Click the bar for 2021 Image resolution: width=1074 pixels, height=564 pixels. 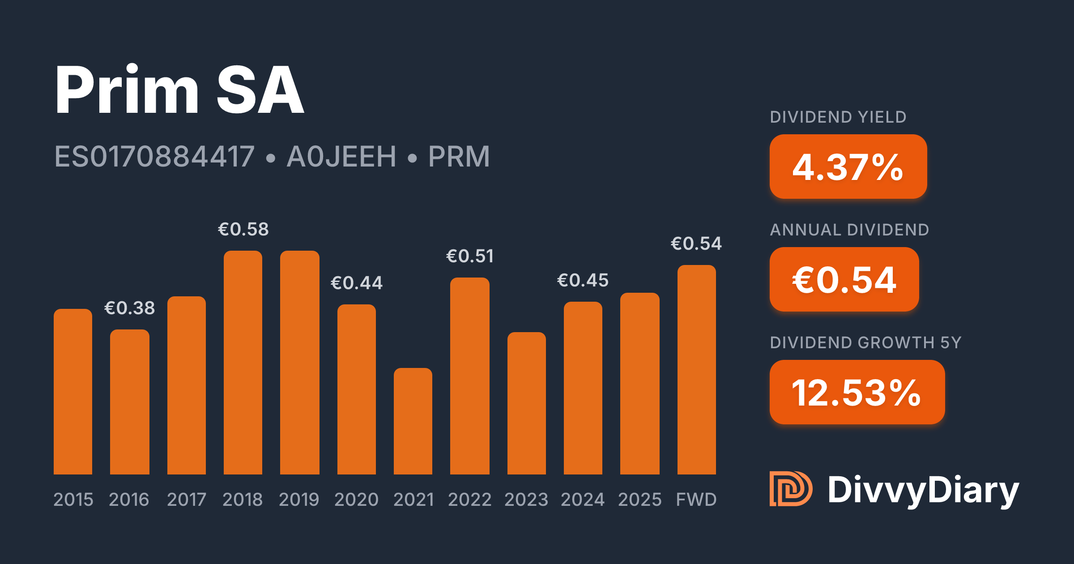click(413, 421)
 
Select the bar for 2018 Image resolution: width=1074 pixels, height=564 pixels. click(243, 363)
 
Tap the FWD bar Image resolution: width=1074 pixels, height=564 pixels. click(697, 370)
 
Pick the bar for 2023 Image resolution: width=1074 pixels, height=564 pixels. click(527, 403)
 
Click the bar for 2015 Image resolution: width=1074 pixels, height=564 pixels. click(73, 392)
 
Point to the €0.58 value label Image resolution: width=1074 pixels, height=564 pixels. click(243, 229)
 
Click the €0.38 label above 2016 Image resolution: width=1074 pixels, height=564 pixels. click(130, 308)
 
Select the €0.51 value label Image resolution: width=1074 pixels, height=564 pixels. click(470, 256)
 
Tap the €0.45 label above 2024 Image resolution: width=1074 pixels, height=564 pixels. click(583, 280)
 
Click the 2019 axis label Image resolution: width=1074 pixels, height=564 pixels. click(299, 499)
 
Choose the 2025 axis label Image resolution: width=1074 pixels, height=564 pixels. click(640, 499)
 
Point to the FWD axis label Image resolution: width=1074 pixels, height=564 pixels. click(696, 499)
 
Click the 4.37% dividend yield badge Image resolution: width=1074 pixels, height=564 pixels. click(848, 167)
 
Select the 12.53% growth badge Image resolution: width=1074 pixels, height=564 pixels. click(857, 392)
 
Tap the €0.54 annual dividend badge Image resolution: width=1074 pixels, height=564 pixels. click(844, 279)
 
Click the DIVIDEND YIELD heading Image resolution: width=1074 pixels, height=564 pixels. click(838, 117)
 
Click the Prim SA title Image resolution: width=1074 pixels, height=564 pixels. click(179, 90)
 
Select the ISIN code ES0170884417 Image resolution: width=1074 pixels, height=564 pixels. click(154, 156)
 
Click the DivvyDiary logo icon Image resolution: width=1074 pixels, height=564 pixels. click(791, 488)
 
